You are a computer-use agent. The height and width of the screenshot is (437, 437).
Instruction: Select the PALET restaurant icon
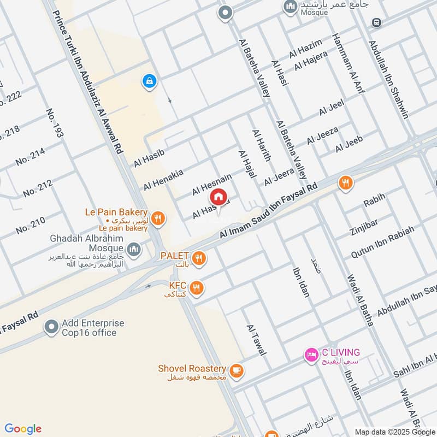(199, 257)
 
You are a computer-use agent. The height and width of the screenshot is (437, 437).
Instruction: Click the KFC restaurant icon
(197, 287)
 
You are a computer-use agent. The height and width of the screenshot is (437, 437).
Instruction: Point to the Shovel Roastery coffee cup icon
(236, 371)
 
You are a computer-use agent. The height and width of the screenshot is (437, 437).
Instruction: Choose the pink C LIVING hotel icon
(311, 355)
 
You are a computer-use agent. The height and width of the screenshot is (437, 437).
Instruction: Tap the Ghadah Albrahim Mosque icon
(134, 250)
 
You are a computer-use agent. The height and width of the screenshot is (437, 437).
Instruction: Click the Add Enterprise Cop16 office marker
(52, 328)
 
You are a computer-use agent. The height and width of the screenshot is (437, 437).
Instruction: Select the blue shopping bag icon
(149, 82)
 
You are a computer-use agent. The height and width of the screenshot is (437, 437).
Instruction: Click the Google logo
(23, 429)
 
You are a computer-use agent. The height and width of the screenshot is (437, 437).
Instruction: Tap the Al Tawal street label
(256, 340)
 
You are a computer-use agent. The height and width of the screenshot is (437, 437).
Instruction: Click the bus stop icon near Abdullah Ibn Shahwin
(375, 22)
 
